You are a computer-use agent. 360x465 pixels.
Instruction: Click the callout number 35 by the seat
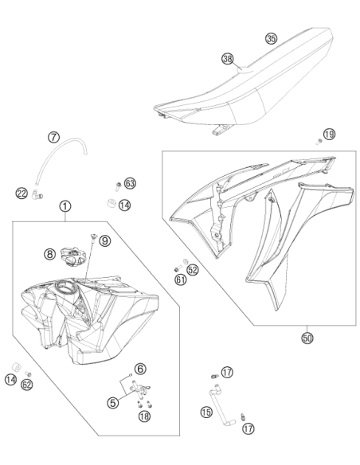click(x=271, y=38)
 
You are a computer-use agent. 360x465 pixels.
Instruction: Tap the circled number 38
click(x=228, y=59)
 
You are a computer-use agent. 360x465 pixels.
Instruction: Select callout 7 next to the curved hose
click(x=53, y=137)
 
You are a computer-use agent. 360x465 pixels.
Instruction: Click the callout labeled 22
click(x=22, y=193)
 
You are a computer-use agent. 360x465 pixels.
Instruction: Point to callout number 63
click(x=130, y=184)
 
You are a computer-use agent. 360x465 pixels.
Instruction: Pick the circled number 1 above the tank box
click(x=65, y=205)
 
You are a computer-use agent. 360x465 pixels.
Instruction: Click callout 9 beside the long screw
click(x=104, y=240)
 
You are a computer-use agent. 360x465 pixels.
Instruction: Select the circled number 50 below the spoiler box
click(x=307, y=338)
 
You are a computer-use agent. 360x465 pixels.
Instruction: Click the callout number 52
click(x=193, y=270)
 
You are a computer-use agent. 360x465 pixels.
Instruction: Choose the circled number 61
click(x=181, y=279)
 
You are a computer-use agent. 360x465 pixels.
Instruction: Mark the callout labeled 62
click(x=27, y=385)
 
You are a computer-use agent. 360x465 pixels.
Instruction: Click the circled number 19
click(x=329, y=135)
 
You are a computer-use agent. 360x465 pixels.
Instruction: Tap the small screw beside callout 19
click(x=319, y=142)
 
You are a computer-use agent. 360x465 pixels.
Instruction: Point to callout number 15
click(x=206, y=412)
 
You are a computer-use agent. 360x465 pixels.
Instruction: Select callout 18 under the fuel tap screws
click(x=144, y=416)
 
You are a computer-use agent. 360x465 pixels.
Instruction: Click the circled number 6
click(x=140, y=369)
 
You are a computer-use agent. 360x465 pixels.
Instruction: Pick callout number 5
click(x=112, y=402)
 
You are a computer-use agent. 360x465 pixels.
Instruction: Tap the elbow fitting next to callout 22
click(x=37, y=194)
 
